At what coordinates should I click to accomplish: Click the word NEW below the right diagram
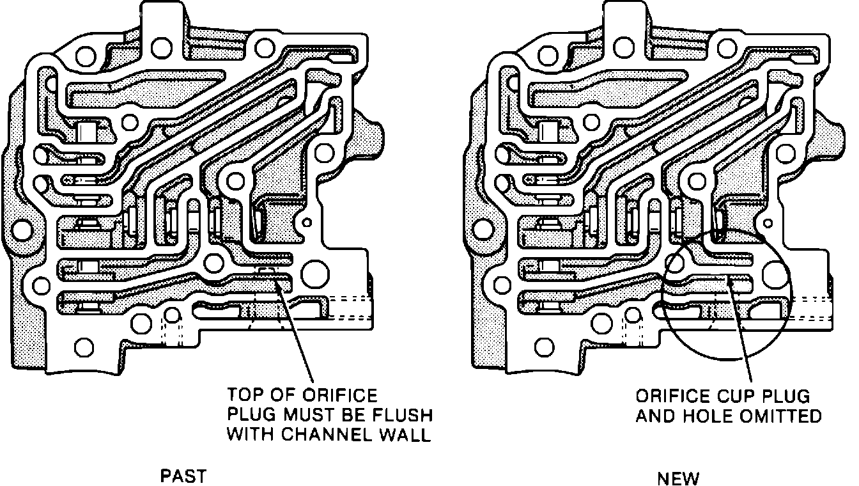point(678,478)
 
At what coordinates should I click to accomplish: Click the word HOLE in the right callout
point(711,417)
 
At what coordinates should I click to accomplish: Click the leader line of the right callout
point(741,333)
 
